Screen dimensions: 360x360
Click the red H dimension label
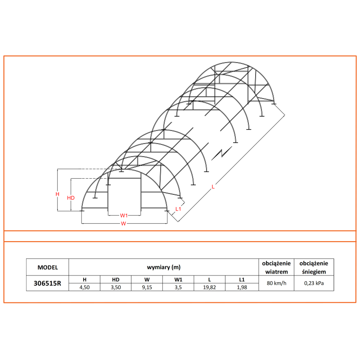click(x=57, y=194)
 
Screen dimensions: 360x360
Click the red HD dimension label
click(x=71, y=198)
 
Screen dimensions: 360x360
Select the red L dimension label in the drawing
click(x=213, y=186)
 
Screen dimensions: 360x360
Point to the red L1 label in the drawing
click(x=178, y=208)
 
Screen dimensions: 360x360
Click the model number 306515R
click(x=47, y=283)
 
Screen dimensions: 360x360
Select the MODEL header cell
click(x=47, y=267)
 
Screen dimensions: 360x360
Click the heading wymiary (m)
click(x=164, y=267)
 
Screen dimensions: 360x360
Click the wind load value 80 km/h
click(x=276, y=283)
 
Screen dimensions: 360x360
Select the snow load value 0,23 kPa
click(x=314, y=283)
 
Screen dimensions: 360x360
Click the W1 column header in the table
click(x=179, y=279)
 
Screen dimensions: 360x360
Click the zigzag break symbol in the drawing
click(x=221, y=153)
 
